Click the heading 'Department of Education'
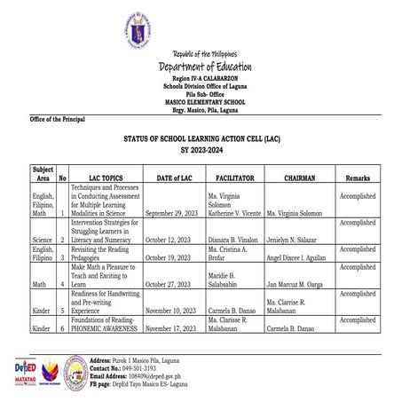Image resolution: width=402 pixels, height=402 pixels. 205,67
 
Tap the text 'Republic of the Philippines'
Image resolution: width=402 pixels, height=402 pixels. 205,56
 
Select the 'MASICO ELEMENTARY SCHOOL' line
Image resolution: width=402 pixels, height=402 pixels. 205,102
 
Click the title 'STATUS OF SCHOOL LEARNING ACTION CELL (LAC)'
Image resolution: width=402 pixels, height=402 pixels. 204,139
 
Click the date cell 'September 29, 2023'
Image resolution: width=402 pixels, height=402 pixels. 174,213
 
